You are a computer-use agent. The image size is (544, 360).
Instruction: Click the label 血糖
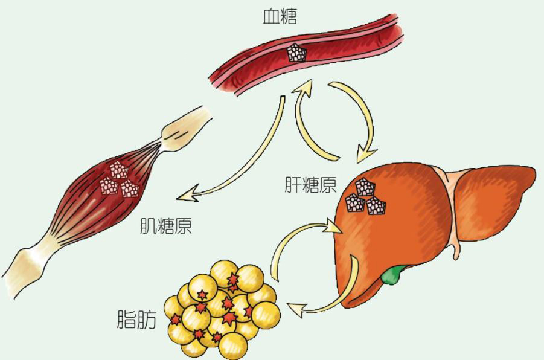pyautogui.click(x=280, y=16)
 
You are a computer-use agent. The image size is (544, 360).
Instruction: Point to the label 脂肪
pyautogui.click(x=136, y=319)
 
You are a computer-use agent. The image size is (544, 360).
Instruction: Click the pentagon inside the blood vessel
pyautogui.click(x=296, y=53)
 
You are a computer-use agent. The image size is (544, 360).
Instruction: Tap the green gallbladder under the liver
pyautogui.click(x=392, y=274)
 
